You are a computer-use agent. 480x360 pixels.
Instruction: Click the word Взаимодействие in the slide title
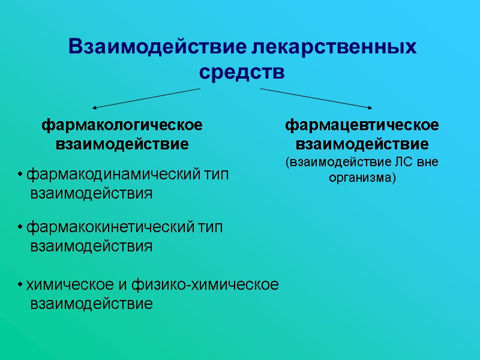[x=158, y=46]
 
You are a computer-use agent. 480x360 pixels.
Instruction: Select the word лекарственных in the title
[x=334, y=46]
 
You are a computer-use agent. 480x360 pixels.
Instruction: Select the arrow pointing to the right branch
[x=316, y=98]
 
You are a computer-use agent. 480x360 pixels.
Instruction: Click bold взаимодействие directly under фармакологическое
[x=122, y=145]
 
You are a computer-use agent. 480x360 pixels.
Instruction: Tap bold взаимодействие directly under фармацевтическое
[x=362, y=145]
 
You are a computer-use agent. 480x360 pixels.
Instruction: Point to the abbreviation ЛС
[x=406, y=162]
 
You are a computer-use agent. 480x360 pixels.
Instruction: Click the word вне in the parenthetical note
[x=428, y=162]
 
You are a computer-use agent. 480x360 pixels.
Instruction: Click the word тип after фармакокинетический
[x=211, y=227]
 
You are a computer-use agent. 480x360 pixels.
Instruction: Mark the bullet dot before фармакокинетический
[x=20, y=228]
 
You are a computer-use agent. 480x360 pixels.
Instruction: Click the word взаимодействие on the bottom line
[x=91, y=304]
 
